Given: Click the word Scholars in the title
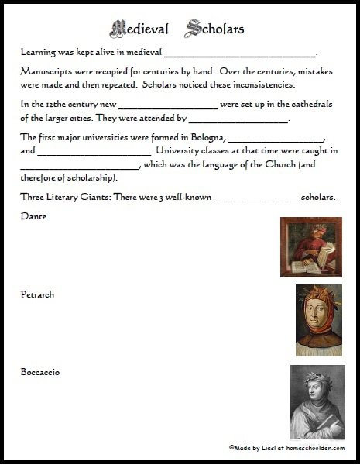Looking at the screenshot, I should (x=215, y=30).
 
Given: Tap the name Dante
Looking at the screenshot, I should (x=35, y=216).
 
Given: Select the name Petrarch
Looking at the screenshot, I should (x=39, y=295).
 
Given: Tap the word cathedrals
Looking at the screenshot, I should (x=306, y=105).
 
